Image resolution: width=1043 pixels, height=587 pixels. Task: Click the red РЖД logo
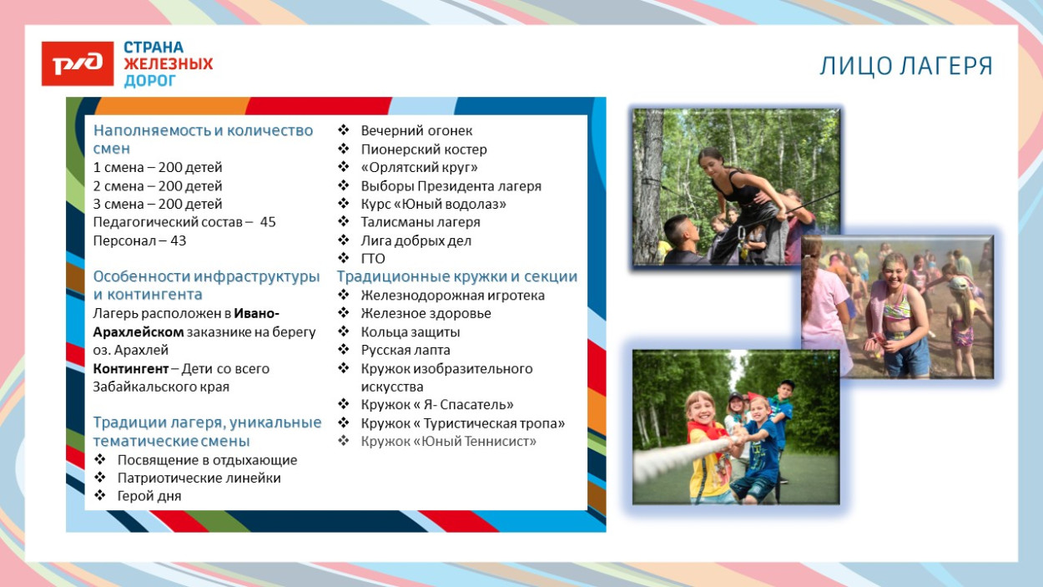(77, 63)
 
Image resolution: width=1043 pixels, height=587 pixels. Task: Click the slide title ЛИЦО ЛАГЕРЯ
(906, 67)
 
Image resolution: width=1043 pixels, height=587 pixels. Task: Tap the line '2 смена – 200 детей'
(158, 186)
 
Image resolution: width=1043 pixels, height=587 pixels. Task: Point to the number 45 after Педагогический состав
(268, 222)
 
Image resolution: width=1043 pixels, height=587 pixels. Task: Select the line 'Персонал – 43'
(139, 240)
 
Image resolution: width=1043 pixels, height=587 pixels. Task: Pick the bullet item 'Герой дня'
(149, 496)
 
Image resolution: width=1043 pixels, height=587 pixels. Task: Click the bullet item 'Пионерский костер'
(423, 149)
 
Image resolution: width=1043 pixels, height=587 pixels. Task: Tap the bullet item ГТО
(373, 259)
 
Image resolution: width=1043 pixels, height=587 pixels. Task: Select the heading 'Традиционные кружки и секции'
(457, 276)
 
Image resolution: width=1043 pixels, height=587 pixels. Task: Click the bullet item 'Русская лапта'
(405, 350)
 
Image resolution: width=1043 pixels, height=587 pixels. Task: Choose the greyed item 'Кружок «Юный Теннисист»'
(448, 441)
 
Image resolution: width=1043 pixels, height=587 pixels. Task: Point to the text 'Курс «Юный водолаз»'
(433, 204)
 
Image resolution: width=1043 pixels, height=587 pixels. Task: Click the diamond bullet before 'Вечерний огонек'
(343, 130)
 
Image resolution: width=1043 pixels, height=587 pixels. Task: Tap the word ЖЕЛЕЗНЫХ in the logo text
(169, 63)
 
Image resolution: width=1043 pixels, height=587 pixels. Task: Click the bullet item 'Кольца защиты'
(410, 331)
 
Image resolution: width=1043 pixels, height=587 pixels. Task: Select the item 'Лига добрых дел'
(416, 240)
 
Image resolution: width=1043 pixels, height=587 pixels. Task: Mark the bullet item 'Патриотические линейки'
(199, 478)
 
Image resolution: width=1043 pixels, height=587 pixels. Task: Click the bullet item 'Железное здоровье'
(426, 313)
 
